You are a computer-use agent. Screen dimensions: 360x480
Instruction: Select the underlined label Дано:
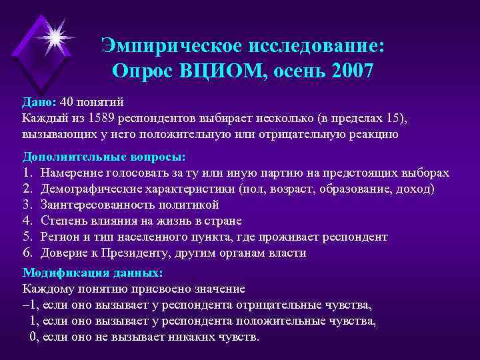pos(39,102)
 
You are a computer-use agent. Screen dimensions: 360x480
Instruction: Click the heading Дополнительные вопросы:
pos(104,157)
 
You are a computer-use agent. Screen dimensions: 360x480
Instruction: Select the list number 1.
pos(27,173)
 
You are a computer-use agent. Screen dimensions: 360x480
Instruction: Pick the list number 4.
pos(27,221)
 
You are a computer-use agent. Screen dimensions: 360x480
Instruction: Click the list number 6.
pos(27,253)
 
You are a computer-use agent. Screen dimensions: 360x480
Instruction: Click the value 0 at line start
pos(34,337)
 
